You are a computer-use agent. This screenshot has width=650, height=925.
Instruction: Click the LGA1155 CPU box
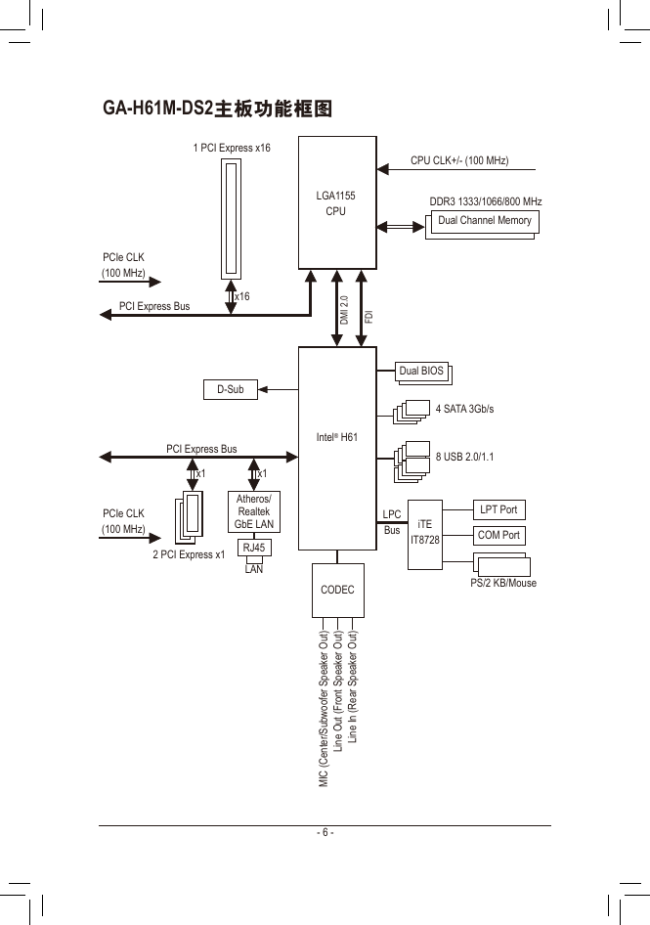tap(337, 203)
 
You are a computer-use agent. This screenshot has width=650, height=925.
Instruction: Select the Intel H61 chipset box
tap(337, 449)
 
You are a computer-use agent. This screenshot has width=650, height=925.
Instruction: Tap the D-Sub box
tap(231, 389)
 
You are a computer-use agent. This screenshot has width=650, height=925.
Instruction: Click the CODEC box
tap(338, 590)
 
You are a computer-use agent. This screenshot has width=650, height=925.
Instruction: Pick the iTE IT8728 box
tap(424, 535)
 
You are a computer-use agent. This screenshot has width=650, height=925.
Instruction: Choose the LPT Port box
tap(499, 509)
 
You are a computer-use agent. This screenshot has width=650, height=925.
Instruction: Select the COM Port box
tap(499, 536)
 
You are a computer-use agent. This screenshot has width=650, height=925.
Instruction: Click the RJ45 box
tap(254, 548)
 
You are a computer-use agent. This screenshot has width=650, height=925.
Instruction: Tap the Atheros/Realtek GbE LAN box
tap(254, 511)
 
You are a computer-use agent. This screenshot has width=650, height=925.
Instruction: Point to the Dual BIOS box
tap(421, 371)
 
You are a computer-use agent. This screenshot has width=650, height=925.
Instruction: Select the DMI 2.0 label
tap(344, 310)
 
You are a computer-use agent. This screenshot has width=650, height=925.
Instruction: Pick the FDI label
tap(369, 317)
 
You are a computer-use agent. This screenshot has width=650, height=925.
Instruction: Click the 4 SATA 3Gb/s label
tap(465, 409)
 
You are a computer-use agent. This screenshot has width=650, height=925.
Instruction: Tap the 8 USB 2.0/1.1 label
tap(465, 457)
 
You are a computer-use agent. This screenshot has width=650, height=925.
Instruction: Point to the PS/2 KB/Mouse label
tap(503, 583)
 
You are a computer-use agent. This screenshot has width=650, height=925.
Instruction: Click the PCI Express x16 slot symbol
tap(232, 219)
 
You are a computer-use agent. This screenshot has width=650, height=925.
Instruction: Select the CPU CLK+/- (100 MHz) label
tap(459, 160)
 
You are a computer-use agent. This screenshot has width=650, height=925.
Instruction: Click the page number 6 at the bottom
tap(325, 832)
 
